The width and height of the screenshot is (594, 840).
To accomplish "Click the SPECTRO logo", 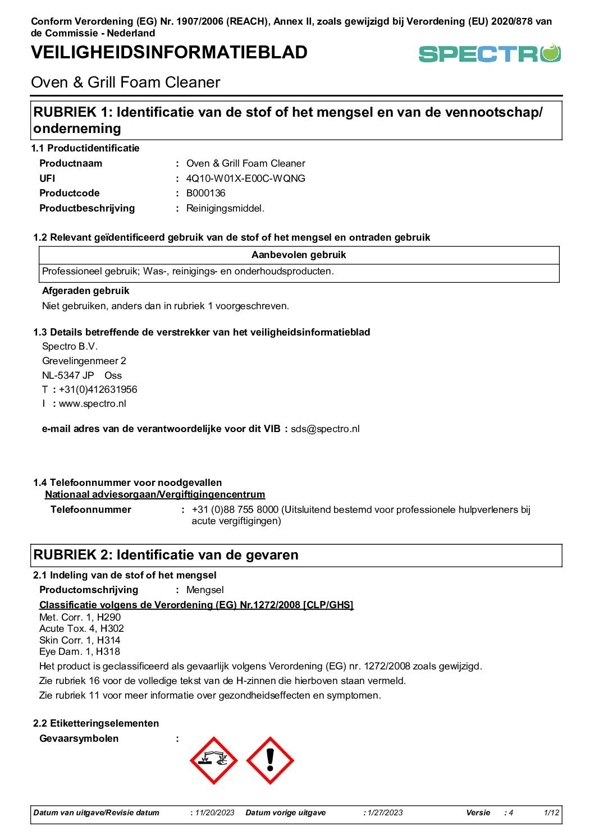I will pyautogui.click(x=490, y=54).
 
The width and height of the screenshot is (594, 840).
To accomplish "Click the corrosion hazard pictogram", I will pyautogui.click(x=214, y=761).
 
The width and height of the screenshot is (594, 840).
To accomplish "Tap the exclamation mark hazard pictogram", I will pyautogui.click(x=270, y=761).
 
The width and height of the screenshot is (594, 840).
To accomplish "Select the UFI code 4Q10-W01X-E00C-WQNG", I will pyautogui.click(x=246, y=178).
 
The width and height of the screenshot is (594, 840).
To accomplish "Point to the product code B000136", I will pyautogui.click(x=205, y=193).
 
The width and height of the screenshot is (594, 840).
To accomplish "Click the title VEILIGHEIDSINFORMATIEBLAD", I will pyautogui.click(x=169, y=52).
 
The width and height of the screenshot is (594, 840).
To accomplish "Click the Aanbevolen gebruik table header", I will pyautogui.click(x=299, y=255).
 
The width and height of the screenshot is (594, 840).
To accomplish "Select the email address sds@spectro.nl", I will pyautogui.click(x=325, y=429).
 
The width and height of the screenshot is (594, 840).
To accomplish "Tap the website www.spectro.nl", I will pyautogui.click(x=93, y=403).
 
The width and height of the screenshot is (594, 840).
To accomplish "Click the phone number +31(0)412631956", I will pyautogui.click(x=98, y=389).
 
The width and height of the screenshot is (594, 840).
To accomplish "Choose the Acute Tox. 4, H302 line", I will pyautogui.click(x=81, y=628).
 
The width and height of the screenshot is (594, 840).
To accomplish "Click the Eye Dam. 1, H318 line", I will pyautogui.click(x=80, y=651).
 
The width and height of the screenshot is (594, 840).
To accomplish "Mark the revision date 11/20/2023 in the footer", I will pyautogui.click(x=215, y=813).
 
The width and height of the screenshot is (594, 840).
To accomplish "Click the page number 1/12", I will pyautogui.click(x=551, y=813).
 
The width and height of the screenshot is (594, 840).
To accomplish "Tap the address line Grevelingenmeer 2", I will pyautogui.click(x=84, y=361).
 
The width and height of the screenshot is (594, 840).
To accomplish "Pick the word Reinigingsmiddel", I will pyautogui.click(x=225, y=208).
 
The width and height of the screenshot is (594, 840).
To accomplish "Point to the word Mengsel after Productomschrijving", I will pyautogui.click(x=205, y=590).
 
